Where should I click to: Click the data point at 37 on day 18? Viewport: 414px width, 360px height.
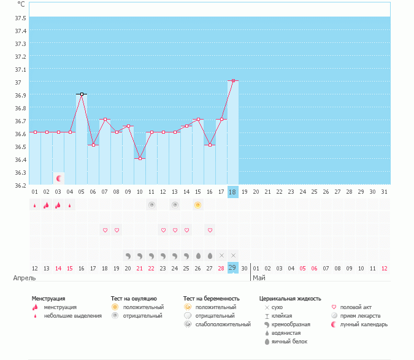coord(233,81)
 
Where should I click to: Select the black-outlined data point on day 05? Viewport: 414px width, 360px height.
coord(82,94)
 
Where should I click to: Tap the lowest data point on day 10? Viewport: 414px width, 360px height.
coord(140,158)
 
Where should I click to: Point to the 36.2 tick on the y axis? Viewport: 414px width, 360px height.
coord(20,185)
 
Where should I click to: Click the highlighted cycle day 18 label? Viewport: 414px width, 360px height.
coord(233,192)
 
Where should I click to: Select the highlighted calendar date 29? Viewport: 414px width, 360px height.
coord(233,267)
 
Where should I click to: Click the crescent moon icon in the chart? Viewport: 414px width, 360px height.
coord(59,178)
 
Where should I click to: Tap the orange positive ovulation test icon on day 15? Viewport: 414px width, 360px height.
coord(198,205)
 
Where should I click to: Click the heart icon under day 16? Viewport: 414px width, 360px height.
coord(210,230)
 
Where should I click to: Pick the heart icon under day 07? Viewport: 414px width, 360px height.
coord(105,230)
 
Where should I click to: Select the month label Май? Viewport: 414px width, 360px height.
coord(259,278)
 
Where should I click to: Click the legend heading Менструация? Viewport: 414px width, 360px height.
coord(48,298)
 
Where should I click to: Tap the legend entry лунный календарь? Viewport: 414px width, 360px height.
coord(366,324)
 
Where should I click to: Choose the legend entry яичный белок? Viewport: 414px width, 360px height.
coord(288,341)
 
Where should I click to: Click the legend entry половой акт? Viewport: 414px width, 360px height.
coord(361,307)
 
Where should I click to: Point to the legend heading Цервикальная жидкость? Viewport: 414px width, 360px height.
coord(290,298)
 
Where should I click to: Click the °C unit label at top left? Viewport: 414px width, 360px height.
coord(21,3)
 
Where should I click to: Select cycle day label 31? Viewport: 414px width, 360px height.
coord(384,192)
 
